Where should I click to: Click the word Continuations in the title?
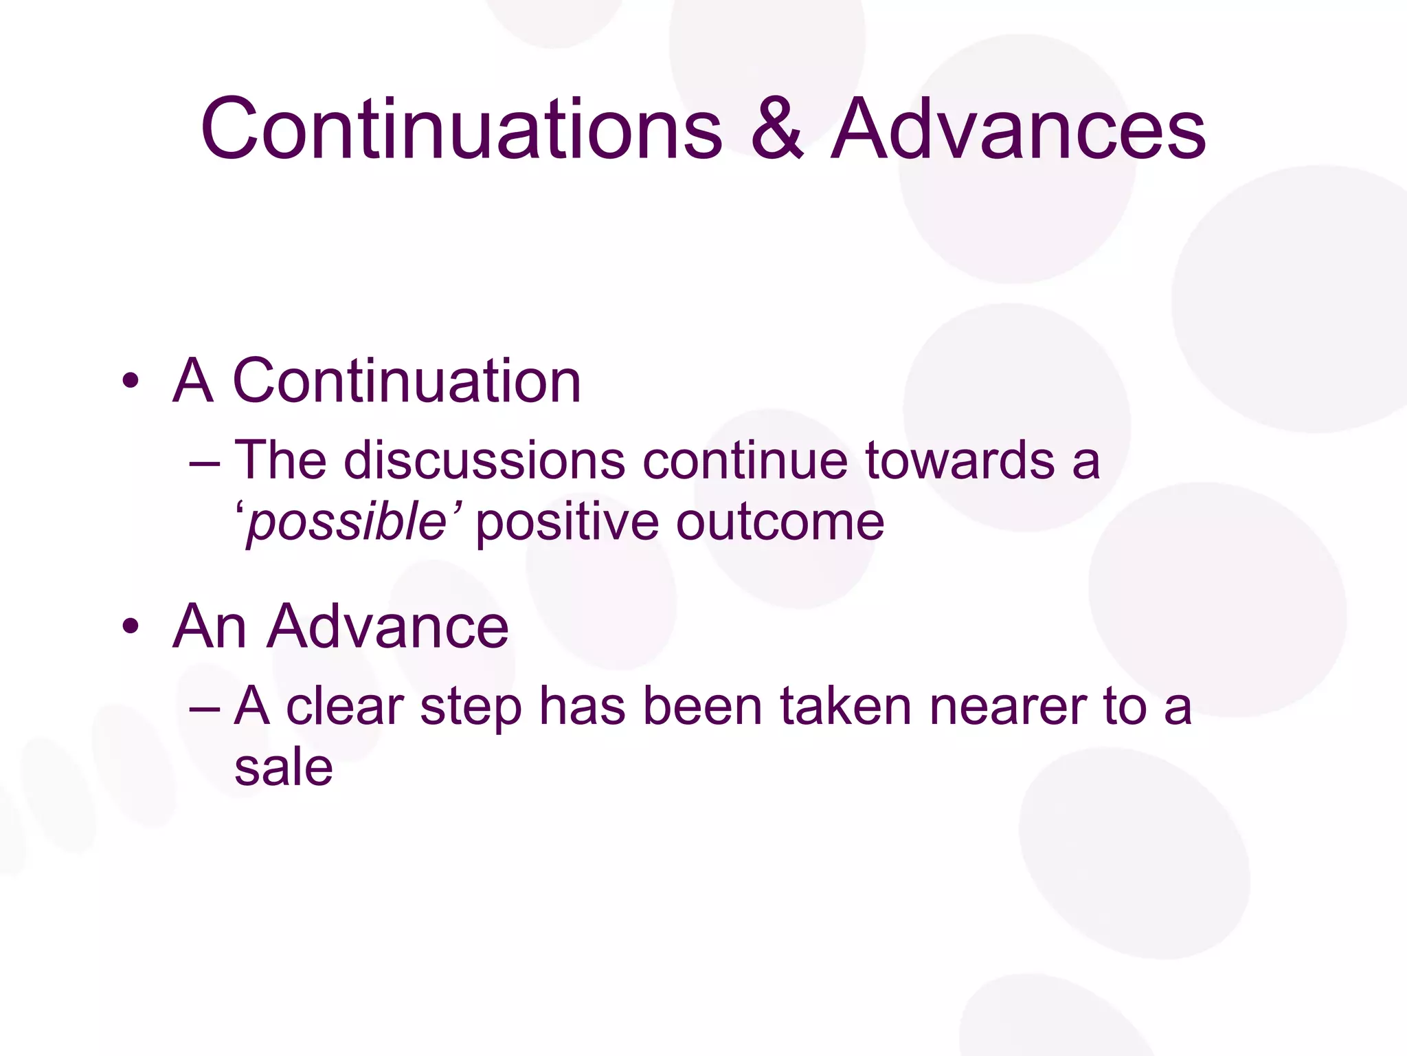tap(462, 129)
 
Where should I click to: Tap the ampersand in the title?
tap(776, 129)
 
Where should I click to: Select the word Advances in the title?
tap(1018, 129)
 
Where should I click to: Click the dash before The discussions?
tap(204, 462)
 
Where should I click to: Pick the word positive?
tap(567, 523)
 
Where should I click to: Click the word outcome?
tap(780, 523)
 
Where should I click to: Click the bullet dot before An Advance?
tap(131, 627)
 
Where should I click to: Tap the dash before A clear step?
tap(204, 707)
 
